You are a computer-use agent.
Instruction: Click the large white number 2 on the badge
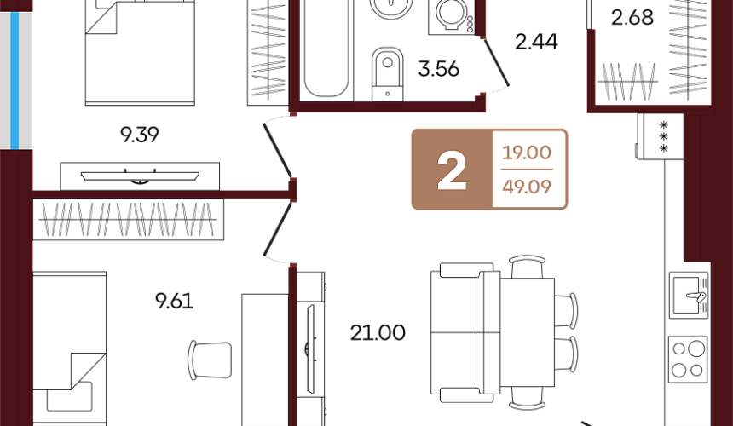click(x=452, y=170)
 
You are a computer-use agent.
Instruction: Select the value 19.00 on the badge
click(x=527, y=153)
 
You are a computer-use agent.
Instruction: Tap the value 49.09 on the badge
click(x=527, y=187)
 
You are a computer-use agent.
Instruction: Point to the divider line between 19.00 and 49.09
click(x=527, y=170)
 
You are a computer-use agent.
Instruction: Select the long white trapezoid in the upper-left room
click(x=140, y=176)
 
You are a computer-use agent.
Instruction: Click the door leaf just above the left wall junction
click(x=278, y=149)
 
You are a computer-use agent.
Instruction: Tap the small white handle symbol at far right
click(x=696, y=296)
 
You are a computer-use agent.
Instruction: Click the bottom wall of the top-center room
click(x=388, y=106)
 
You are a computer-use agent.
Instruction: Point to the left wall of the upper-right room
click(x=591, y=68)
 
